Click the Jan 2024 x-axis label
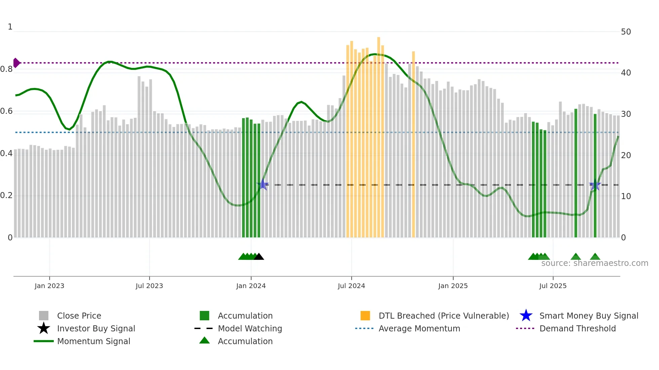[x=251, y=286]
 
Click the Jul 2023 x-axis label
[x=149, y=286]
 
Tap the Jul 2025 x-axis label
[x=553, y=286]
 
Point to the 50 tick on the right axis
[x=626, y=32]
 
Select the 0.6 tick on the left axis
[x=6, y=111]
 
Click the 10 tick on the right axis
[x=626, y=196]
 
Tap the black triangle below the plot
[x=259, y=257]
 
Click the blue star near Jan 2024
[x=263, y=185]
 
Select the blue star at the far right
[x=595, y=185]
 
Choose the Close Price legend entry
[x=79, y=316]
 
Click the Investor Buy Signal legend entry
[x=96, y=328]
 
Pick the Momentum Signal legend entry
[x=93, y=341]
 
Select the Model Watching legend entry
[x=250, y=328]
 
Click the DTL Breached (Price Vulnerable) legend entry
[x=443, y=316]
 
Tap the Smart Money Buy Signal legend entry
[x=588, y=316]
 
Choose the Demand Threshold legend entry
[x=577, y=328]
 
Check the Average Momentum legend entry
[x=419, y=328]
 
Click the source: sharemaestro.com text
[x=594, y=263]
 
